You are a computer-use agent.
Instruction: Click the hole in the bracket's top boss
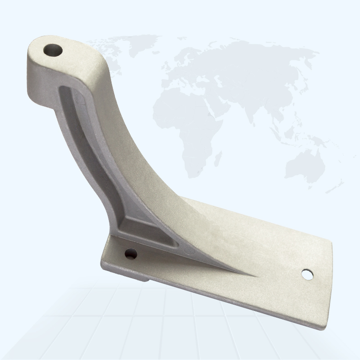[53, 50]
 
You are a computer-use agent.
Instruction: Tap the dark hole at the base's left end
[130, 254]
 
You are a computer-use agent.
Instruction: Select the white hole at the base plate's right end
[307, 274]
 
